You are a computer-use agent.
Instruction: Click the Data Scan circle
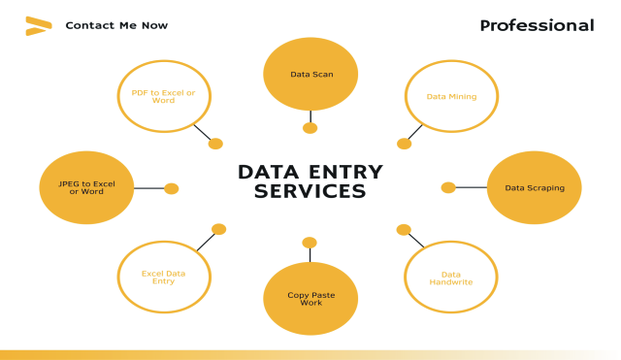click(310, 75)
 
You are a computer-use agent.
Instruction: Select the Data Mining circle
click(451, 96)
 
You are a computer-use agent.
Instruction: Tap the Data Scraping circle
click(534, 187)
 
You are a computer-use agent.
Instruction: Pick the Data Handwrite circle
click(451, 278)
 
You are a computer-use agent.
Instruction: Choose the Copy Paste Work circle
click(310, 299)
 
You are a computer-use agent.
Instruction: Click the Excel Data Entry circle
click(164, 278)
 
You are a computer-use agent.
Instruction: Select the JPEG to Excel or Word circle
click(86, 187)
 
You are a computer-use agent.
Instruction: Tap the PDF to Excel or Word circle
click(164, 96)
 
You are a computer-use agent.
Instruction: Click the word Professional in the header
click(537, 26)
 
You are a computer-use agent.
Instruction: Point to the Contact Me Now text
click(116, 26)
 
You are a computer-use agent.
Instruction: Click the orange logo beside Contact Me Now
click(38, 26)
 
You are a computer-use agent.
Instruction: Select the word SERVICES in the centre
click(310, 192)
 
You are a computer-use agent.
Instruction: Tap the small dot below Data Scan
click(310, 128)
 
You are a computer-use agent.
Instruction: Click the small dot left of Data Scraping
click(448, 187)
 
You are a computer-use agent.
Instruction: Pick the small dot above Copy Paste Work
click(310, 243)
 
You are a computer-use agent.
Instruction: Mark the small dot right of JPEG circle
click(172, 188)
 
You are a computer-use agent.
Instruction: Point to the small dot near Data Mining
click(404, 144)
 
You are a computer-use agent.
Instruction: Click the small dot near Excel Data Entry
click(219, 229)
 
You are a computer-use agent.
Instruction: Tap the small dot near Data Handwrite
click(404, 230)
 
